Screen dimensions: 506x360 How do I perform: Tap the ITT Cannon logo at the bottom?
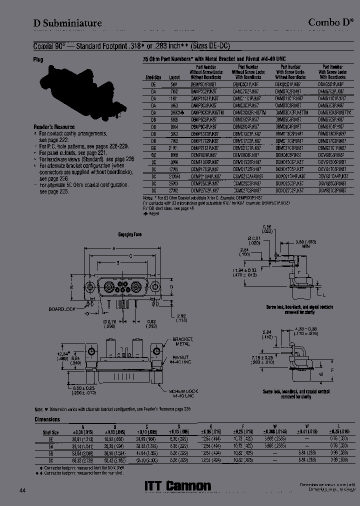(x=177, y=485)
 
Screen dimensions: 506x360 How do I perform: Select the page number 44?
(x=23, y=490)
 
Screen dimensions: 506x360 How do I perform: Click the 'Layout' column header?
(x=174, y=78)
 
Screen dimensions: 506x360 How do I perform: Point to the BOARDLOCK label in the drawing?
(x=62, y=309)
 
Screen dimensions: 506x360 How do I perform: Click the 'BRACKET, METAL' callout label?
(x=171, y=342)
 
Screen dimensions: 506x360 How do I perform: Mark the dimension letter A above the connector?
(x=114, y=248)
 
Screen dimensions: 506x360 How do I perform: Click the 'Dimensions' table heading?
(x=47, y=419)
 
